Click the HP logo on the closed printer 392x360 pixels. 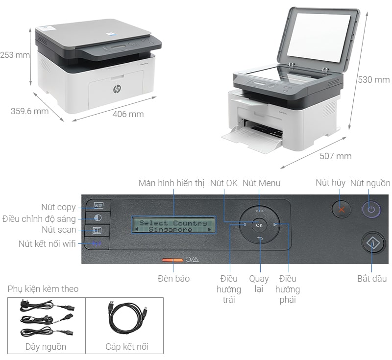pyautogui.click(x=117, y=89)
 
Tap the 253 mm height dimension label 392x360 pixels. pyautogui.click(x=15, y=55)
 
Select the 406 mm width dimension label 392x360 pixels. pyautogui.click(x=128, y=114)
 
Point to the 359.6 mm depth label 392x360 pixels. pyautogui.click(x=29, y=111)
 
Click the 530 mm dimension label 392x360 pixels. pyautogui.click(x=373, y=80)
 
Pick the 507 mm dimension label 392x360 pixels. pyautogui.click(x=336, y=156)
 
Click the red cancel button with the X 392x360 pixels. pyautogui.click(x=342, y=210)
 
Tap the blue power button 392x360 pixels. pyautogui.click(x=371, y=210)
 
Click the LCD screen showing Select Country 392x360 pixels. pyautogui.click(x=173, y=226)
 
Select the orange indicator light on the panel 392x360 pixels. pyautogui.click(x=172, y=260)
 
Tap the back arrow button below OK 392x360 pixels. pyautogui.click(x=260, y=239)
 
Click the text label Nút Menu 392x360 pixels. pyautogui.click(x=262, y=183)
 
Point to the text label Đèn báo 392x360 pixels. pyautogui.click(x=173, y=278)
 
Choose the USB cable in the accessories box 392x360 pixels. pyautogui.click(x=126, y=319)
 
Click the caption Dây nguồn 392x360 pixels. pyautogui.click(x=46, y=347)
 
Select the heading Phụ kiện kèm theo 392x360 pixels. pyautogui.click(x=43, y=289)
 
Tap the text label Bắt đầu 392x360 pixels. pyautogui.click(x=371, y=279)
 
